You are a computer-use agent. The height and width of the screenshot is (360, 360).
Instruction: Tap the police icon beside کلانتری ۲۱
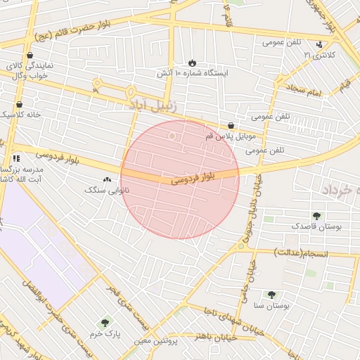[x=320, y=44]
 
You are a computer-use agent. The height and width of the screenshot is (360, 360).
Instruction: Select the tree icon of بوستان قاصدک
[x=316, y=216]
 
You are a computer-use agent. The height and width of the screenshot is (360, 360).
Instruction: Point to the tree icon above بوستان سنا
[x=271, y=295]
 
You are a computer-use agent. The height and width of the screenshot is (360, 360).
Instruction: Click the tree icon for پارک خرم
[x=105, y=323]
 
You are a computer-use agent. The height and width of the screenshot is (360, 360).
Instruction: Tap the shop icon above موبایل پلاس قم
[x=231, y=124]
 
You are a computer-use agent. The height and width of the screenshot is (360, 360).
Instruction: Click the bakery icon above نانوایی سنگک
[x=107, y=180]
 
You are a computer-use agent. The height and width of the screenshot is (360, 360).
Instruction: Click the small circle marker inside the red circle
[x=172, y=135]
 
